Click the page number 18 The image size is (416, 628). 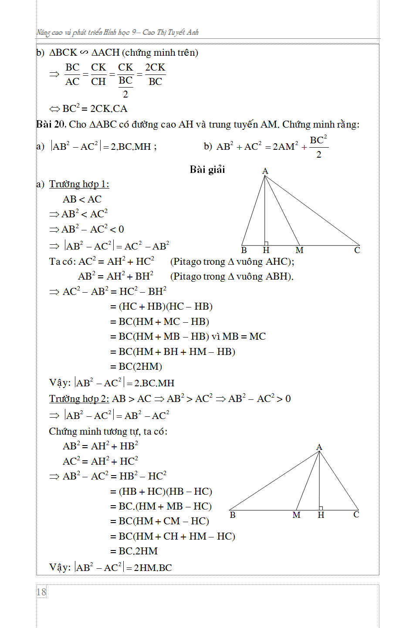coord(41,592)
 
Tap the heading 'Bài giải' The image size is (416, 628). coord(207,169)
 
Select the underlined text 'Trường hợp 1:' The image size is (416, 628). coord(79,184)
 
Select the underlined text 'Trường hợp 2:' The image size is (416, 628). coord(79,399)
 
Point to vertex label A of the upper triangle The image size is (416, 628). coord(265,171)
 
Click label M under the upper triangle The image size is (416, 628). coord(299,250)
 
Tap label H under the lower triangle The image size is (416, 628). coord(321,515)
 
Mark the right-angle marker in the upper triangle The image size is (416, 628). coord(266,243)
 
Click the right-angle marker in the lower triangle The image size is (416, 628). coord(321,508)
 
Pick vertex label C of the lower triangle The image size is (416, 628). coord(356,515)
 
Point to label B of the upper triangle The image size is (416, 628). coord(244,250)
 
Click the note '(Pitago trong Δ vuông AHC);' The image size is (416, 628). coord(232,262)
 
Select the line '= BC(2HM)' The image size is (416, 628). coord(136,367)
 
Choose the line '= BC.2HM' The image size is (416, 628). coord(134,551)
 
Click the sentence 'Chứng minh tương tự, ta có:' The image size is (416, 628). coord(108,432)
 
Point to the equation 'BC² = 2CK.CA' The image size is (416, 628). coord(95,109)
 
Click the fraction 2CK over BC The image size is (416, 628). coord(155,74)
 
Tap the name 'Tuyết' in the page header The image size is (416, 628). coord(176,32)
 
